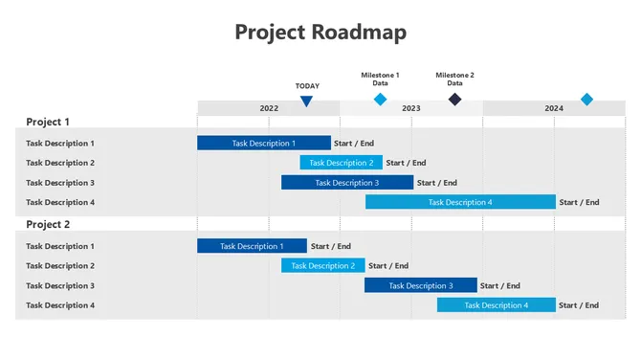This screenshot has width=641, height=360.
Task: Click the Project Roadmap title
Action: click(x=320, y=32)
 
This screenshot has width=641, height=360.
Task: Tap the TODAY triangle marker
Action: click(x=306, y=101)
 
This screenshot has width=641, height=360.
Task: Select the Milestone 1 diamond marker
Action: click(x=380, y=100)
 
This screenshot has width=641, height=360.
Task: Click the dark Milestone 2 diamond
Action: click(x=455, y=100)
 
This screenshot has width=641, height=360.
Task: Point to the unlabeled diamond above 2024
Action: click(x=586, y=100)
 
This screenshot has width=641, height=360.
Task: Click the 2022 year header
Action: click(x=269, y=108)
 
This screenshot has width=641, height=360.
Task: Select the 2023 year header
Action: click(x=410, y=108)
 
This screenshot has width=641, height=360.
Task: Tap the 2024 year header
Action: click(x=554, y=108)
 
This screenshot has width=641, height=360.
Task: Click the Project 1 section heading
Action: click(x=48, y=122)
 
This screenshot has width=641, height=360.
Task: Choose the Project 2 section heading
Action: click(x=48, y=225)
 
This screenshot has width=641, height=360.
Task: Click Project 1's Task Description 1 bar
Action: click(x=264, y=143)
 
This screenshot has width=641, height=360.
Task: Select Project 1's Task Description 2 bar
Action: click(x=341, y=163)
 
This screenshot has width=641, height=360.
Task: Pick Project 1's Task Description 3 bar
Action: click(x=347, y=182)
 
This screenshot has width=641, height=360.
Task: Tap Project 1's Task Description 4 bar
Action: click(x=460, y=202)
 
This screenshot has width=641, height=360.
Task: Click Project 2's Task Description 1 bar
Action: click(x=252, y=246)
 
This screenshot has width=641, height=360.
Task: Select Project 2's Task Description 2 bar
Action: click(x=322, y=265)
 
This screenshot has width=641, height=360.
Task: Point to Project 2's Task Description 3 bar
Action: click(x=420, y=285)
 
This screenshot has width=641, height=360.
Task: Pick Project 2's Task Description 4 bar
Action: click(x=496, y=305)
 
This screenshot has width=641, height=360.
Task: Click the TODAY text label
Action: click(x=307, y=86)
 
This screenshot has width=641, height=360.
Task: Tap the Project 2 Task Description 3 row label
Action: click(x=60, y=285)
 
